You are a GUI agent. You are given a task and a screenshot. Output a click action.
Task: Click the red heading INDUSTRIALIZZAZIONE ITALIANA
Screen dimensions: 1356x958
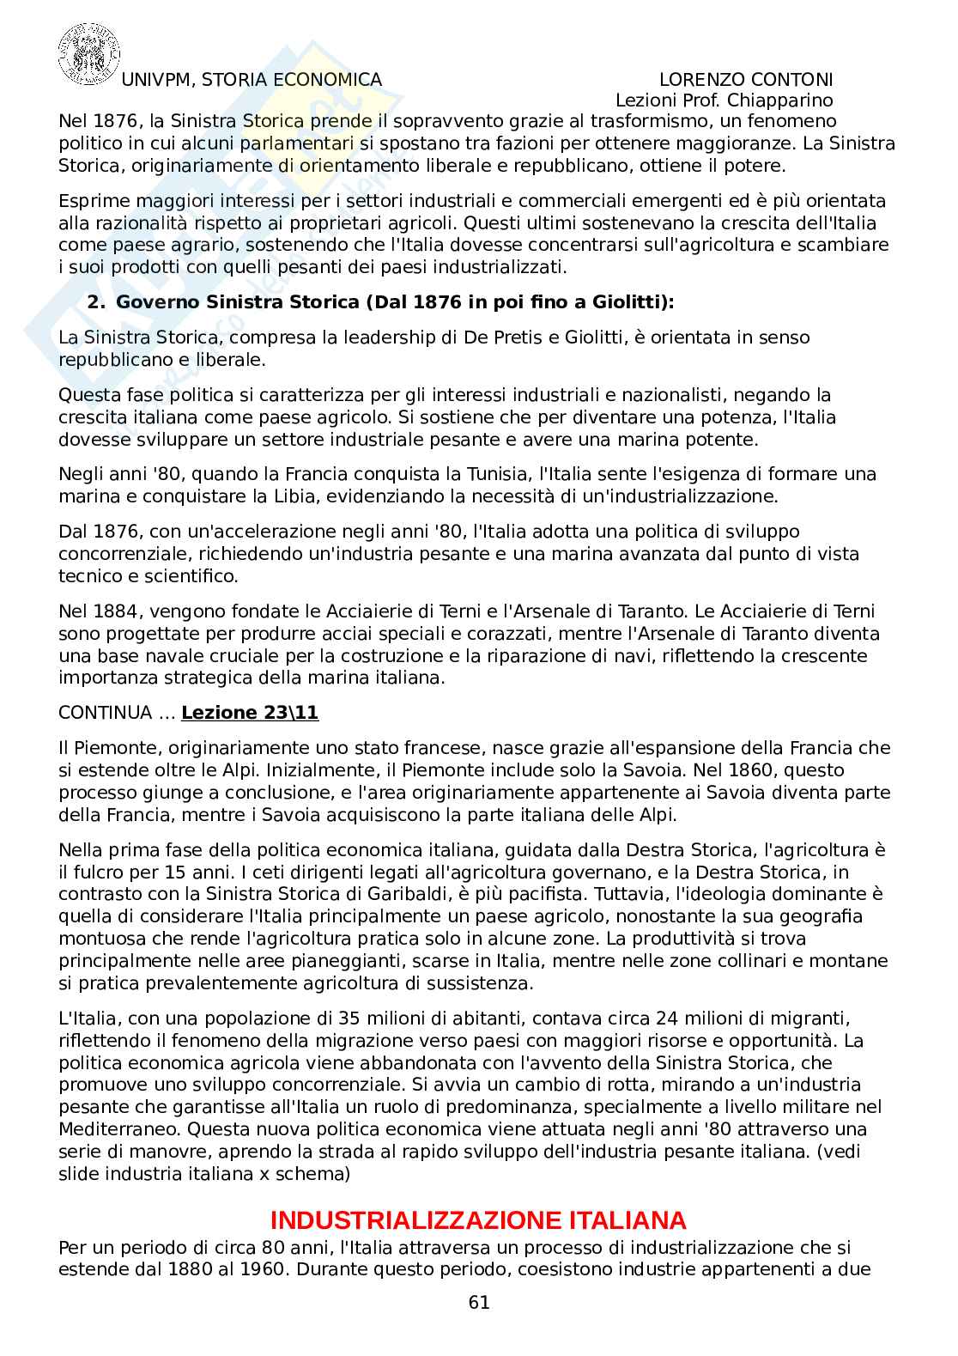pos(478,1220)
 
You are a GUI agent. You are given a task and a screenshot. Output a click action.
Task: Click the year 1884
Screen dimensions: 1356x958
pos(108,611)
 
